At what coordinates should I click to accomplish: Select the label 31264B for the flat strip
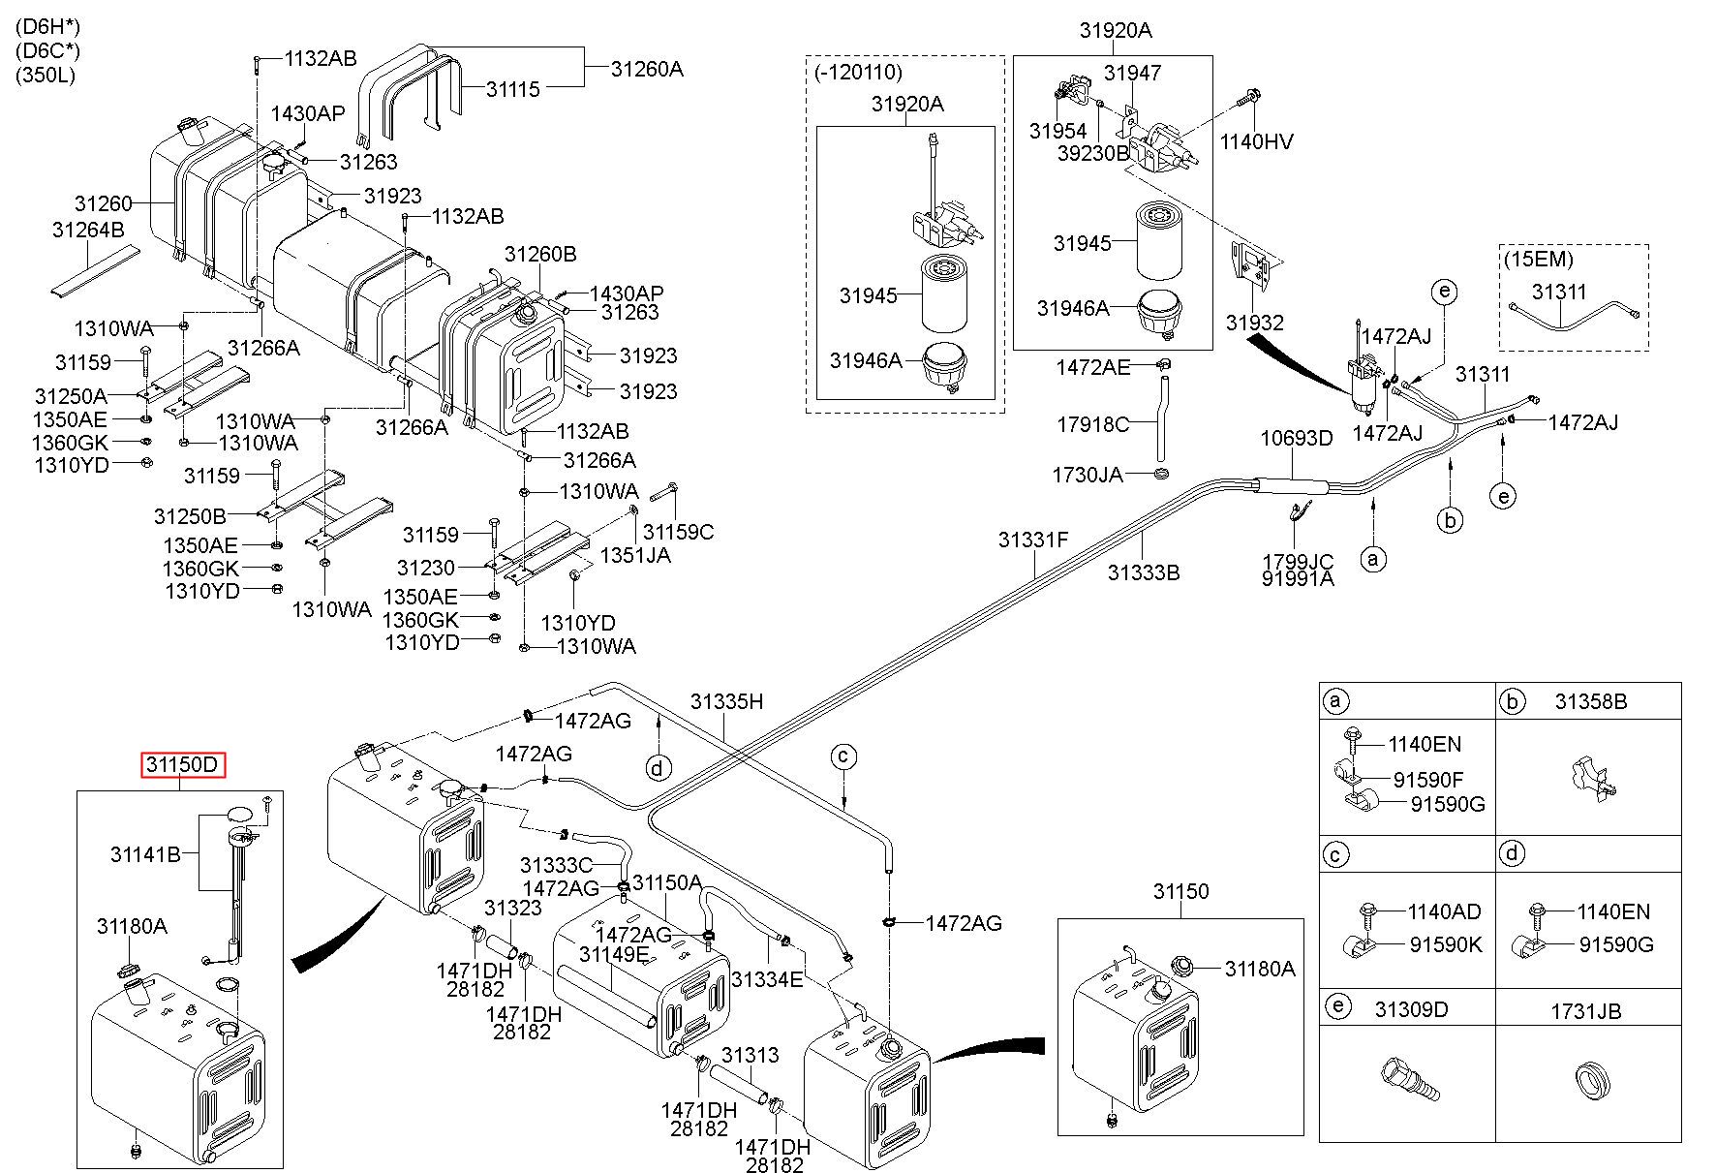(88, 230)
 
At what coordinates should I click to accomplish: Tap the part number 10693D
(1296, 438)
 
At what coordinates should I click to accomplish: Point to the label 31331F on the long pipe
(1033, 540)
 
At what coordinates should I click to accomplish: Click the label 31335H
(726, 701)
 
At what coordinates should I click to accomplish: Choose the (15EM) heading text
(1539, 260)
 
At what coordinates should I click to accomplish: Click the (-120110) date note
(859, 72)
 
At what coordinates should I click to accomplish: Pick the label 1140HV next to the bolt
(1256, 142)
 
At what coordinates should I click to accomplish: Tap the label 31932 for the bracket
(1254, 323)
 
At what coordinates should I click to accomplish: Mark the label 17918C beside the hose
(1092, 423)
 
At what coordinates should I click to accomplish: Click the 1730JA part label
(1088, 475)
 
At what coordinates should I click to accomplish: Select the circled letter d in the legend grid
(1512, 853)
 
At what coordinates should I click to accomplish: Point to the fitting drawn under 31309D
(1408, 1078)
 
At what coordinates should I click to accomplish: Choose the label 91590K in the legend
(1446, 944)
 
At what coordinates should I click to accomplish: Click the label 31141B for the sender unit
(146, 854)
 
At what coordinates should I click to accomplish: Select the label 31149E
(614, 954)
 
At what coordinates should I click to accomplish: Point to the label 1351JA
(635, 555)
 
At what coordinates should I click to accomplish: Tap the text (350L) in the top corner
(46, 75)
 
